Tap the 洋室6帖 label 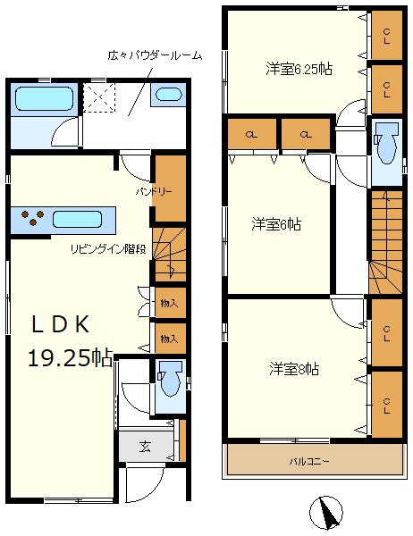pos(275,224)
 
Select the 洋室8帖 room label pos(295,367)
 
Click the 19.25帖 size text pos(69,358)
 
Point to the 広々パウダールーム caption pos(154,55)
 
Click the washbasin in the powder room pos(167,95)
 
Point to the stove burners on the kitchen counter pos(33,218)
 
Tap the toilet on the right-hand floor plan pos(385,143)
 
